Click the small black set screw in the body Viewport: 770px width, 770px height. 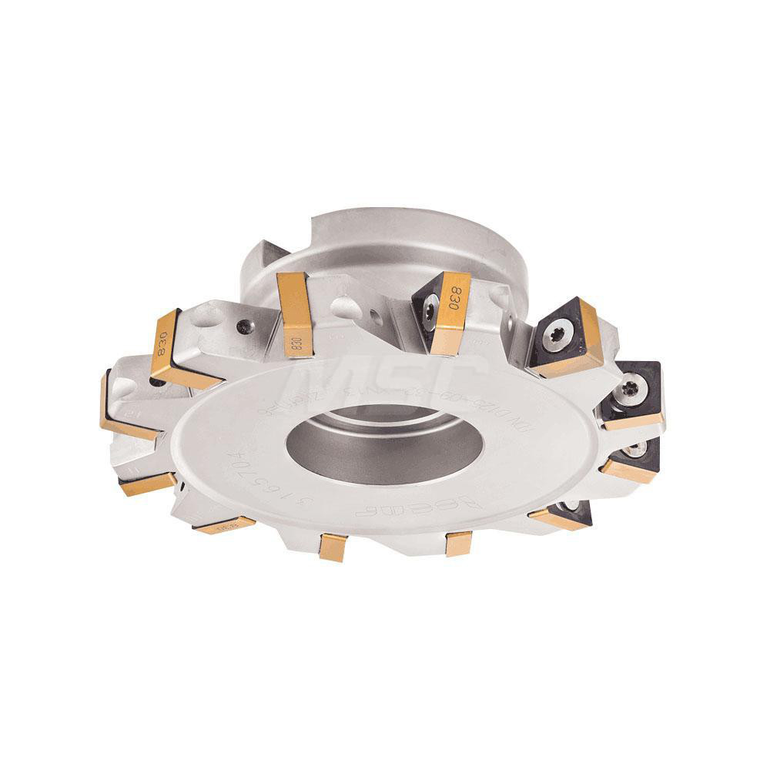click(x=244, y=325)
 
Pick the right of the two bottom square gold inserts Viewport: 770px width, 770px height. click(x=458, y=543)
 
